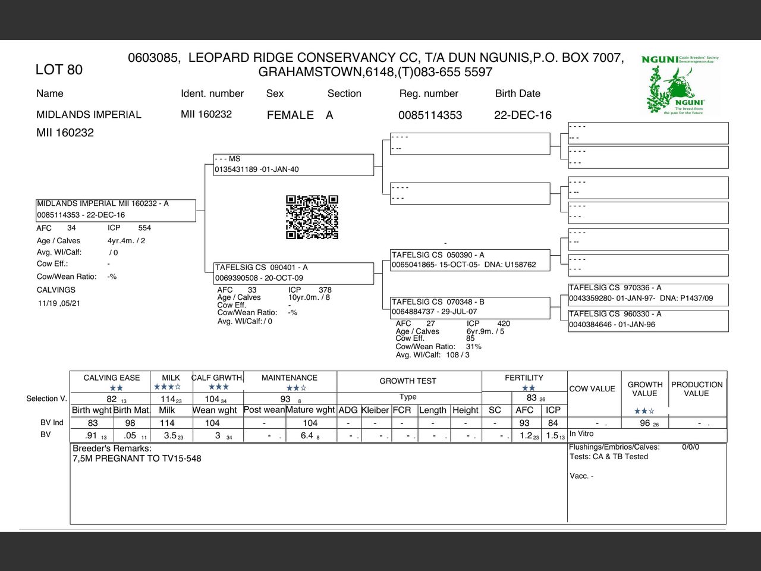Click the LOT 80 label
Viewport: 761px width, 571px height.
[x=59, y=70]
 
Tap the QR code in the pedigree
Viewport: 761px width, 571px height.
[x=312, y=217]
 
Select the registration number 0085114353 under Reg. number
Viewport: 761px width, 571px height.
[x=430, y=115]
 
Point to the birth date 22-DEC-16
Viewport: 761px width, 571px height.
[x=523, y=115]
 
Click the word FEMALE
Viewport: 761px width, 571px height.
[x=290, y=115]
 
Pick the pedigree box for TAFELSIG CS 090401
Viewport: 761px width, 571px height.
[x=294, y=273]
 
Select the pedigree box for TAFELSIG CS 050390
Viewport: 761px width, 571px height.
[x=470, y=260]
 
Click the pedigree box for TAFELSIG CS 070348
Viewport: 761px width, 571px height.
[x=470, y=307]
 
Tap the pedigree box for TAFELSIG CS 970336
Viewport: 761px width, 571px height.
[x=648, y=293]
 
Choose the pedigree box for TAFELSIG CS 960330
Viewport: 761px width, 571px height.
[x=648, y=319]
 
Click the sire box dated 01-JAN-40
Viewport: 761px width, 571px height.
[x=294, y=164]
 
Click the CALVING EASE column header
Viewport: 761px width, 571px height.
[x=112, y=378]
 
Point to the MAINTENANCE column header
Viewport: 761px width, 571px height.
[x=290, y=378]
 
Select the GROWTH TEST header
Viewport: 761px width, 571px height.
[x=408, y=381]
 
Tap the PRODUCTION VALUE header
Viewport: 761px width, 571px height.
[x=697, y=389]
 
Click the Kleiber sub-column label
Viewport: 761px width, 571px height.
[x=375, y=410]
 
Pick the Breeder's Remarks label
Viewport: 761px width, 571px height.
[x=112, y=448]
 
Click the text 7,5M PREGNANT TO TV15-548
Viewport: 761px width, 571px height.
[x=137, y=459]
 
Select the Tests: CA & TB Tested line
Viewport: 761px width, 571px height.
[x=609, y=457]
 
